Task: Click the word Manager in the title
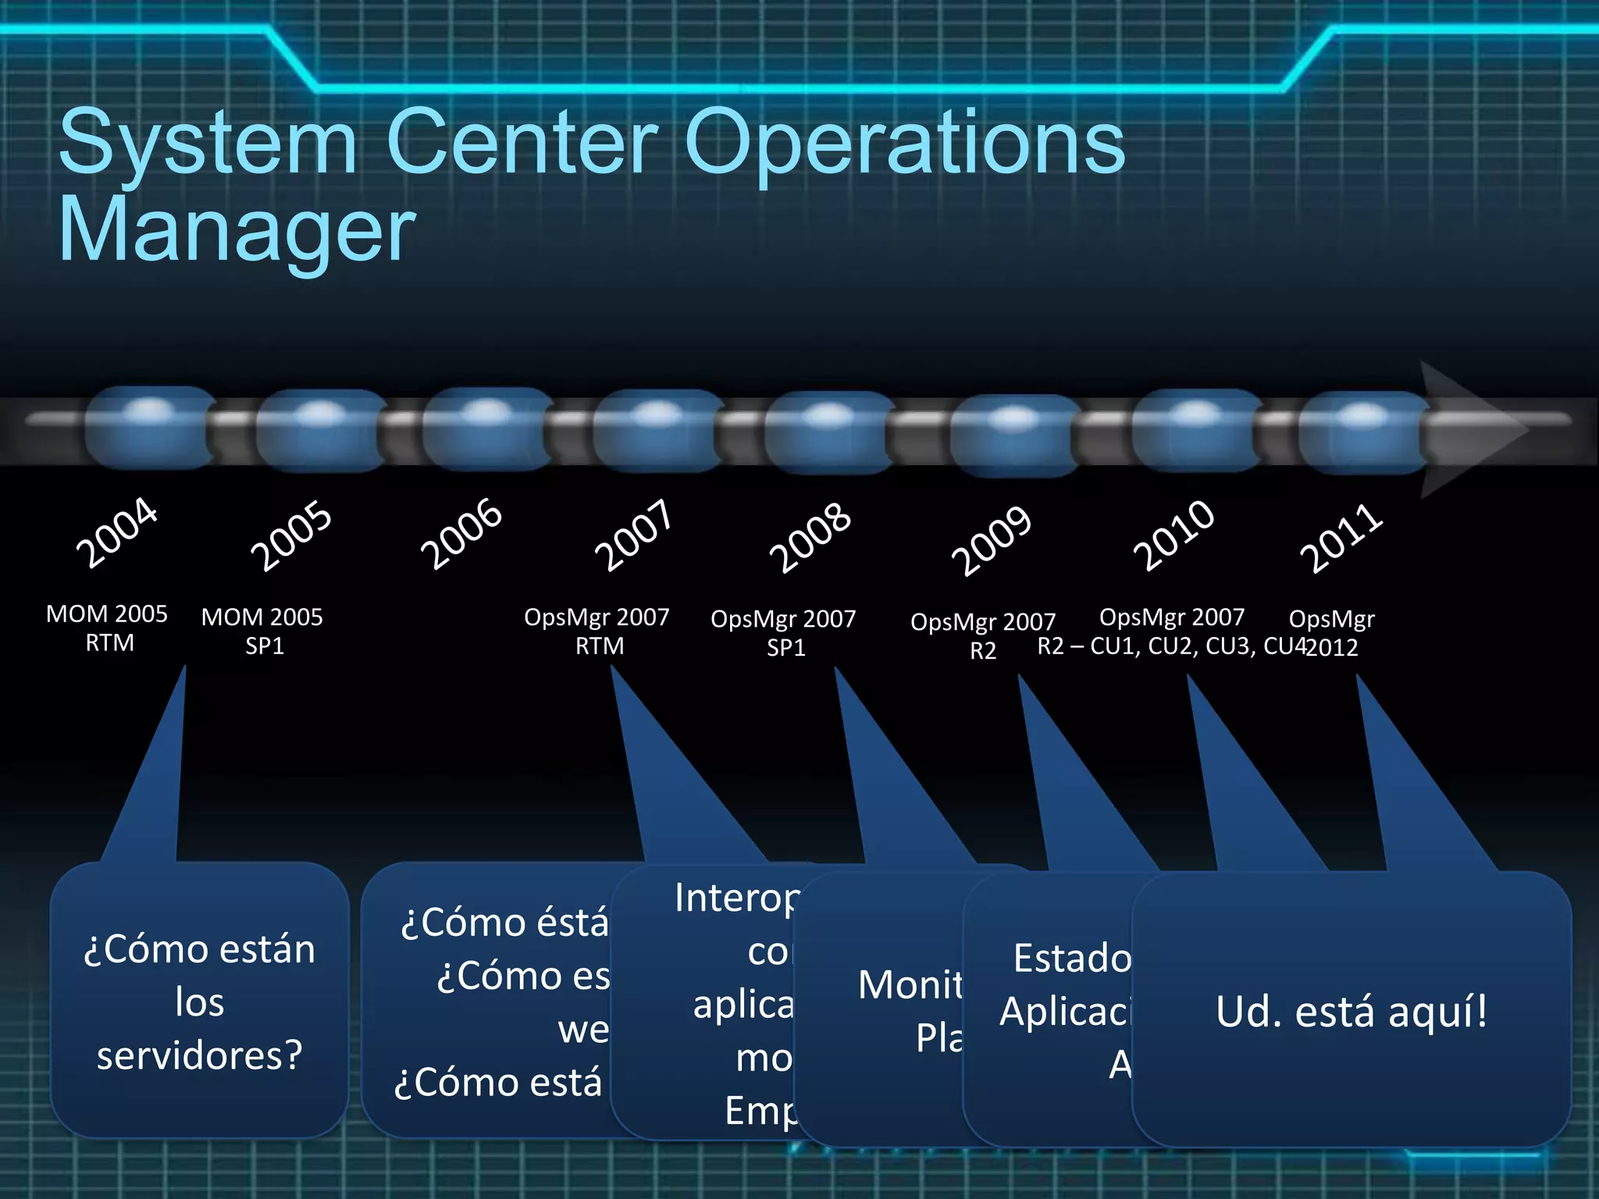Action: coord(237,229)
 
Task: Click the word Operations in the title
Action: coord(904,143)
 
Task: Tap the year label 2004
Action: coord(116,532)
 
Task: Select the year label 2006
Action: coord(461,534)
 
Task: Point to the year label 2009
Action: coord(992,540)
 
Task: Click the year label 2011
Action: coord(1341,538)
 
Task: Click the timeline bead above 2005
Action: coord(320,430)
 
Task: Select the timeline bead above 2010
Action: coord(1195,430)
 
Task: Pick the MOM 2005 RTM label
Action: coord(108,628)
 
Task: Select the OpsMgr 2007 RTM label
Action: coord(597,632)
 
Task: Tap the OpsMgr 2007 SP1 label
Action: coord(783,633)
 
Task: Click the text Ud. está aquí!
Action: coord(1351,1012)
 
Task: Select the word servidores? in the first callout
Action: coord(199,1055)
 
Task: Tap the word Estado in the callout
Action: coord(1072,959)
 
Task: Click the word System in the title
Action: coord(208,143)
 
